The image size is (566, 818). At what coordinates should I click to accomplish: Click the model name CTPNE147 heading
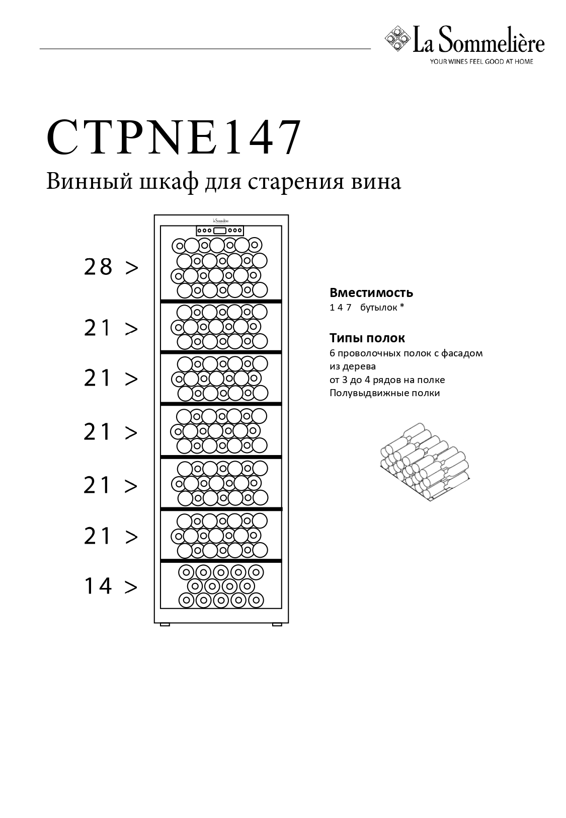pyautogui.click(x=174, y=137)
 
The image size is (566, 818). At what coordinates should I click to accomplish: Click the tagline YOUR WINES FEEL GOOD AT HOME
pyautogui.click(x=481, y=62)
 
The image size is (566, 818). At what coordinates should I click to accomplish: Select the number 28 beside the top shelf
pyautogui.click(x=98, y=267)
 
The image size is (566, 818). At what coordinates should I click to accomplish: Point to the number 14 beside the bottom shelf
pyautogui.click(x=98, y=586)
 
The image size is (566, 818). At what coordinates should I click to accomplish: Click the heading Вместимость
pyautogui.click(x=371, y=293)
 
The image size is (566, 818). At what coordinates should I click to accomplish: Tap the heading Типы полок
pyautogui.click(x=367, y=338)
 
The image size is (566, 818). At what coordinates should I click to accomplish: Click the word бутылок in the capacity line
pyautogui.click(x=378, y=308)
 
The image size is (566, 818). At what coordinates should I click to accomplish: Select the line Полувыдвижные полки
pyautogui.click(x=385, y=393)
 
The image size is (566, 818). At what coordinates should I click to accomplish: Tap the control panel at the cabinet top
pyautogui.click(x=220, y=231)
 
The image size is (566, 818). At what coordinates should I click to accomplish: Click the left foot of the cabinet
pyautogui.click(x=165, y=625)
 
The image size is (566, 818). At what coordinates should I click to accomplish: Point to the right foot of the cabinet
pyautogui.click(x=277, y=625)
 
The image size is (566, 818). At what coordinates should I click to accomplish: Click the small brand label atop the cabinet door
pyautogui.click(x=221, y=220)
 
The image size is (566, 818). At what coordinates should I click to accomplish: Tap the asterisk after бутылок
pyautogui.click(x=402, y=306)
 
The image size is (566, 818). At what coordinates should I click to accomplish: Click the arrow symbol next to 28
pyautogui.click(x=132, y=268)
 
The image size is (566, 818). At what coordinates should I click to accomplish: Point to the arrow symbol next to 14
pyautogui.click(x=131, y=587)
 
